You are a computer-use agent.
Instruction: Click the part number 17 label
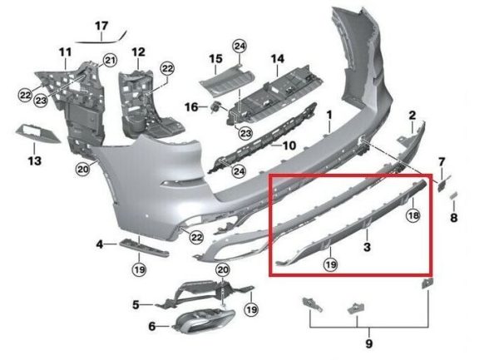pos(101,26)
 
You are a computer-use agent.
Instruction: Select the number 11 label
pos(66,52)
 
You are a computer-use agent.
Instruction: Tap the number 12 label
pos(138,52)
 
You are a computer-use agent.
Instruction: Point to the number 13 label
pos(35,160)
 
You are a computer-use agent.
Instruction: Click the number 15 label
pos(215,59)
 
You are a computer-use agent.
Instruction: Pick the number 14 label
pos(278,59)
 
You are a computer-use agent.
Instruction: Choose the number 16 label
pos(191,107)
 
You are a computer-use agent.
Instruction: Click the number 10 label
pos(289,145)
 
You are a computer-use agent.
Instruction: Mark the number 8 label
pos(454,218)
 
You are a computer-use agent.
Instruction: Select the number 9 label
pos(368,343)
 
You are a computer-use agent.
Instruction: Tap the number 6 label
pos(152,326)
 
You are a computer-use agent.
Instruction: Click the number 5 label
pos(136,305)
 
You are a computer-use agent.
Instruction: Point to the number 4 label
pos(100,244)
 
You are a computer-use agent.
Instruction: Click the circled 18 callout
pos(413,216)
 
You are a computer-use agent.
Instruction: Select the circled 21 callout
pos(110,60)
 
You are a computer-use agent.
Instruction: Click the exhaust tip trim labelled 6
pos(204,322)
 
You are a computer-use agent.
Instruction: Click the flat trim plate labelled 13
pos(37,134)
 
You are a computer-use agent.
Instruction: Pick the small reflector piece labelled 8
pos(453,195)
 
